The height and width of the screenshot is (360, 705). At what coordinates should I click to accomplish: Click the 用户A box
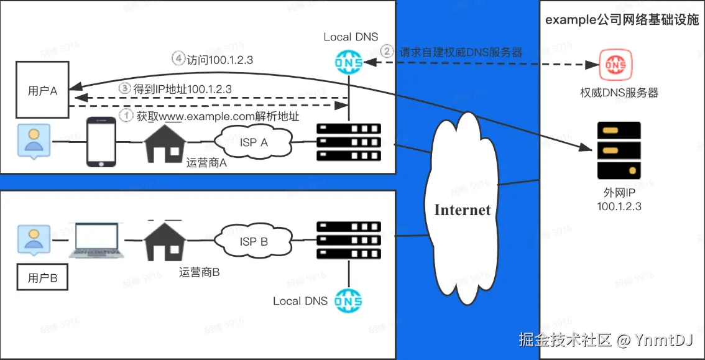pyautogui.click(x=42, y=91)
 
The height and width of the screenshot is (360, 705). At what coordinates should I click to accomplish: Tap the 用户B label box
pyautogui.click(x=43, y=278)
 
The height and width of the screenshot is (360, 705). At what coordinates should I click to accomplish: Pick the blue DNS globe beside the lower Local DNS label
pyautogui.click(x=348, y=301)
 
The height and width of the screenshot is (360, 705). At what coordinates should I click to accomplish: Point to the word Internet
pyautogui.click(x=462, y=210)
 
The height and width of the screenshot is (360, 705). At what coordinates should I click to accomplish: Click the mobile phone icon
pyautogui.click(x=101, y=142)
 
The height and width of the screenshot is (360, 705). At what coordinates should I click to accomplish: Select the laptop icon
pyautogui.click(x=96, y=241)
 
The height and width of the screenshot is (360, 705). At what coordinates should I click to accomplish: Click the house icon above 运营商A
pyautogui.click(x=165, y=144)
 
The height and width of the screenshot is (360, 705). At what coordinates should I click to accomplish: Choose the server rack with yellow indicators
pyautogui.click(x=619, y=150)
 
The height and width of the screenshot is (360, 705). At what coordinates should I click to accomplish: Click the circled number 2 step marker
pyautogui.click(x=387, y=52)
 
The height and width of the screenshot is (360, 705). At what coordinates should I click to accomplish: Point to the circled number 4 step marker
pyautogui.click(x=178, y=60)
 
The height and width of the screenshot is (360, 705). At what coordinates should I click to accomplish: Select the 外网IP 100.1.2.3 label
pyautogui.click(x=619, y=200)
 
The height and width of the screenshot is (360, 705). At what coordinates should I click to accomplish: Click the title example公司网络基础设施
pyautogui.click(x=622, y=20)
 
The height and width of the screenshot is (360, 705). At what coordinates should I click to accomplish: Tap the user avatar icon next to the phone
pyautogui.click(x=34, y=141)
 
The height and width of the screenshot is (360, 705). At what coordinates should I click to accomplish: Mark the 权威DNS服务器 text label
pyautogui.click(x=620, y=93)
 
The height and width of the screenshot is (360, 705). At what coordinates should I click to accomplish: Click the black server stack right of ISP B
pyautogui.click(x=349, y=240)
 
